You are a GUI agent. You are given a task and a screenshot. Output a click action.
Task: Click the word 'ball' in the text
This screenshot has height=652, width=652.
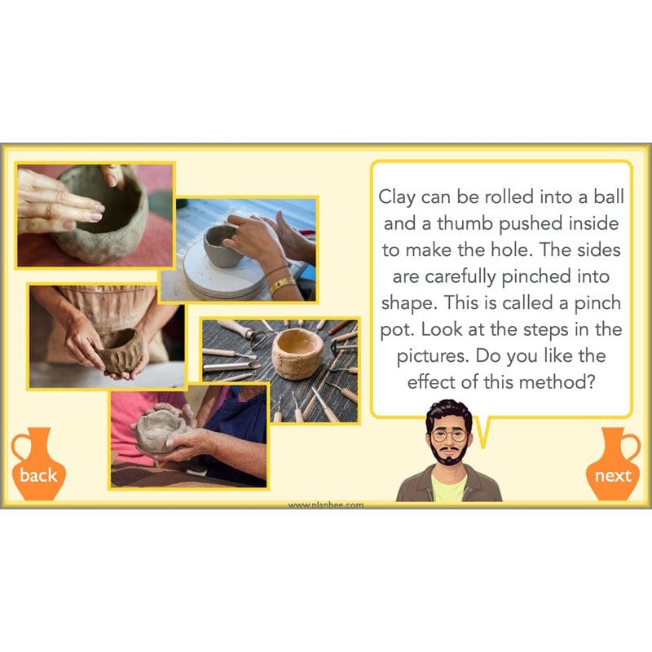coord(604,198)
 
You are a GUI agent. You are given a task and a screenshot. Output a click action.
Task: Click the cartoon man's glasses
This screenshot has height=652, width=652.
coord(449,435)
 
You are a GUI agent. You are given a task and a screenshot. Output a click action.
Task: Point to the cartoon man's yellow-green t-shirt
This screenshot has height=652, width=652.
coord(449,489)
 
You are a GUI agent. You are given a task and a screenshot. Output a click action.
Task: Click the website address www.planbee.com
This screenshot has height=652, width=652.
coord(326,504)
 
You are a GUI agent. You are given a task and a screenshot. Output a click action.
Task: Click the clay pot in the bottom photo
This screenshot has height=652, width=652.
coord(160,430)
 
